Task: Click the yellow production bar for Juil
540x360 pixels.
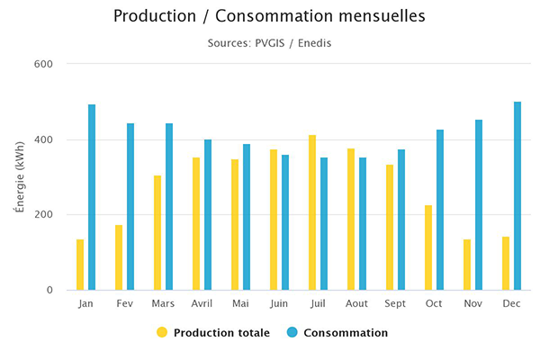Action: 312,213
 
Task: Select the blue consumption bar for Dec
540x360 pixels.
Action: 517,196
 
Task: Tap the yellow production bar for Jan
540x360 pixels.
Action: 80,265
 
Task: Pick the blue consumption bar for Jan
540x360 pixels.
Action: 92,197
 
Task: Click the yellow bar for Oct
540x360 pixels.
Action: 428,247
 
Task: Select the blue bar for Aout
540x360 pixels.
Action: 363,224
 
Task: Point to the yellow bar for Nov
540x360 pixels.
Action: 467,265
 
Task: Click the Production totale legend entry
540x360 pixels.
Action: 212,332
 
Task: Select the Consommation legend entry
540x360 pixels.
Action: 337,332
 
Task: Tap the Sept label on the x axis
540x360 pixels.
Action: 395,304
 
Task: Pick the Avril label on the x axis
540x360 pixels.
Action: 202,304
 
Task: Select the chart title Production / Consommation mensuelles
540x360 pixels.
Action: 270,16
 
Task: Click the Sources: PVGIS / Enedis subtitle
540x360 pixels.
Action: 270,42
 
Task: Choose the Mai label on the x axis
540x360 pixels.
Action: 240,304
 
